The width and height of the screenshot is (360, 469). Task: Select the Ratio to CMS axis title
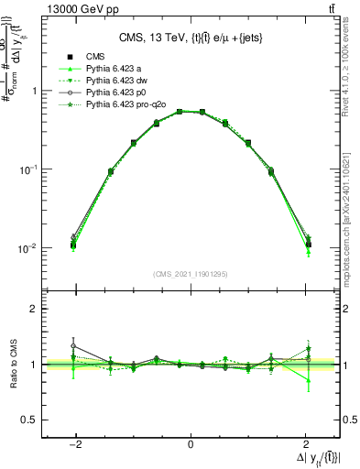pos(13,365)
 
